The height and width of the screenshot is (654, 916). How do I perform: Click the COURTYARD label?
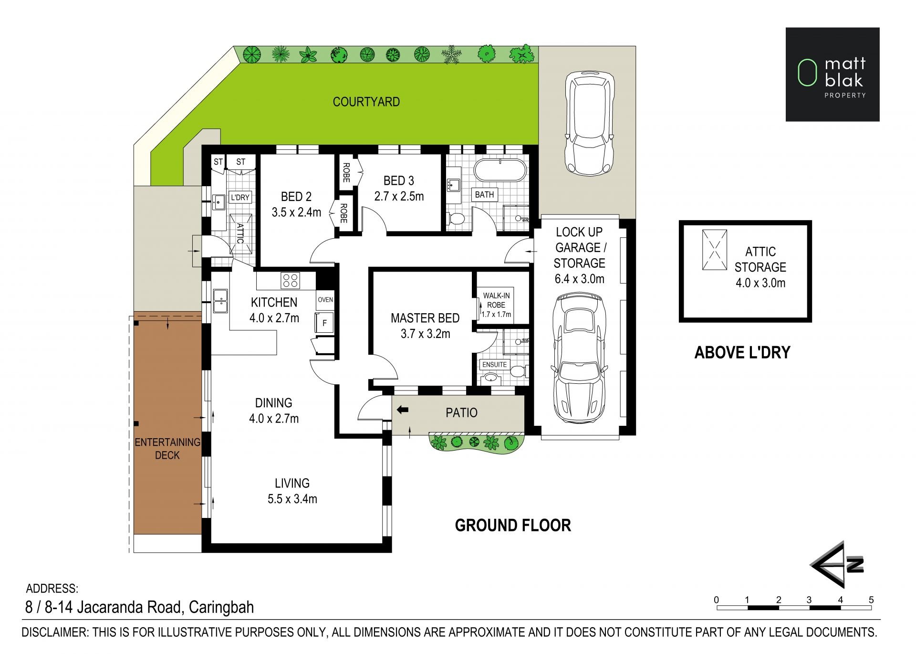pos(366,102)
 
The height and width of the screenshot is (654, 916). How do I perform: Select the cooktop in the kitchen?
pos(290,280)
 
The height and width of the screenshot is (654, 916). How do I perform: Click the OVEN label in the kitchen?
pos(325,300)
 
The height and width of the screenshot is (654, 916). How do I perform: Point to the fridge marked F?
pos(324,323)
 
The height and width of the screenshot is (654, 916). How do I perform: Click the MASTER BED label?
pos(425,318)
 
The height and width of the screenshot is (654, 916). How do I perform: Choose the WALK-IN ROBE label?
pos(496,300)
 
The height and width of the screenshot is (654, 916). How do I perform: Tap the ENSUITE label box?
pos(494,364)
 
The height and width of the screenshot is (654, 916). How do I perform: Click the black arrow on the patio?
pos(403,410)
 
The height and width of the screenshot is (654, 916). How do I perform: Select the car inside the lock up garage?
pos(579,359)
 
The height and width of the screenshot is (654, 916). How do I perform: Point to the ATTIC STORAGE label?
pos(760,259)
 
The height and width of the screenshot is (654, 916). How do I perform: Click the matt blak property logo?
pos(833,74)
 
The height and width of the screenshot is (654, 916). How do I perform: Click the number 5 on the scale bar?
pos(871,600)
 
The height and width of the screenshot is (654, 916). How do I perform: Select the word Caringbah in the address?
pos(221,607)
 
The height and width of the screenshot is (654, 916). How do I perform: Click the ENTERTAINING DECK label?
pos(167,448)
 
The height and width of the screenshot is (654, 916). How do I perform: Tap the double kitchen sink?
pos(220,301)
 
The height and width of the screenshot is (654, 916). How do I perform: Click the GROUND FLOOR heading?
pos(513,525)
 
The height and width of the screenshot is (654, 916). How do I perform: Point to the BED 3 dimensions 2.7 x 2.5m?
pos(399,196)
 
